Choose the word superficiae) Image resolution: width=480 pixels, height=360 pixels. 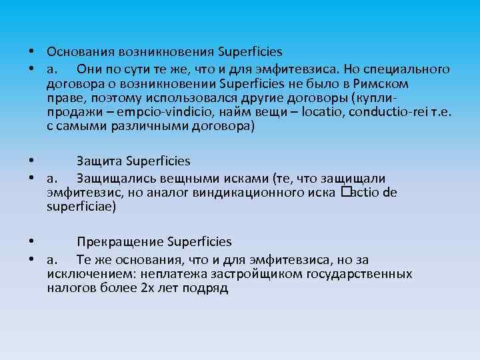(81, 207)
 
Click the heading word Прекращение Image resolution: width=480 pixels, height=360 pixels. (120, 241)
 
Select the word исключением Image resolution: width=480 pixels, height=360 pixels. (85, 274)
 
